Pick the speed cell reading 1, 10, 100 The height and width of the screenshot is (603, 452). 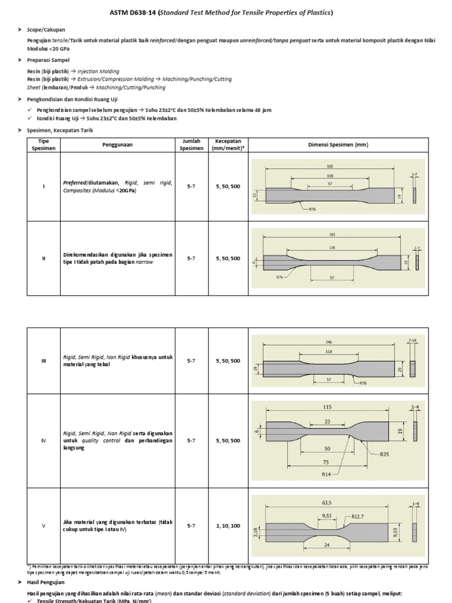[x=228, y=525]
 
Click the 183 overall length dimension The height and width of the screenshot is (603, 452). [x=332, y=234]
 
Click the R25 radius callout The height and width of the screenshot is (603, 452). [x=385, y=454]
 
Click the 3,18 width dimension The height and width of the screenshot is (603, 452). [x=255, y=532]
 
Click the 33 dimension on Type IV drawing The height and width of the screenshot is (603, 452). [x=327, y=421]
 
